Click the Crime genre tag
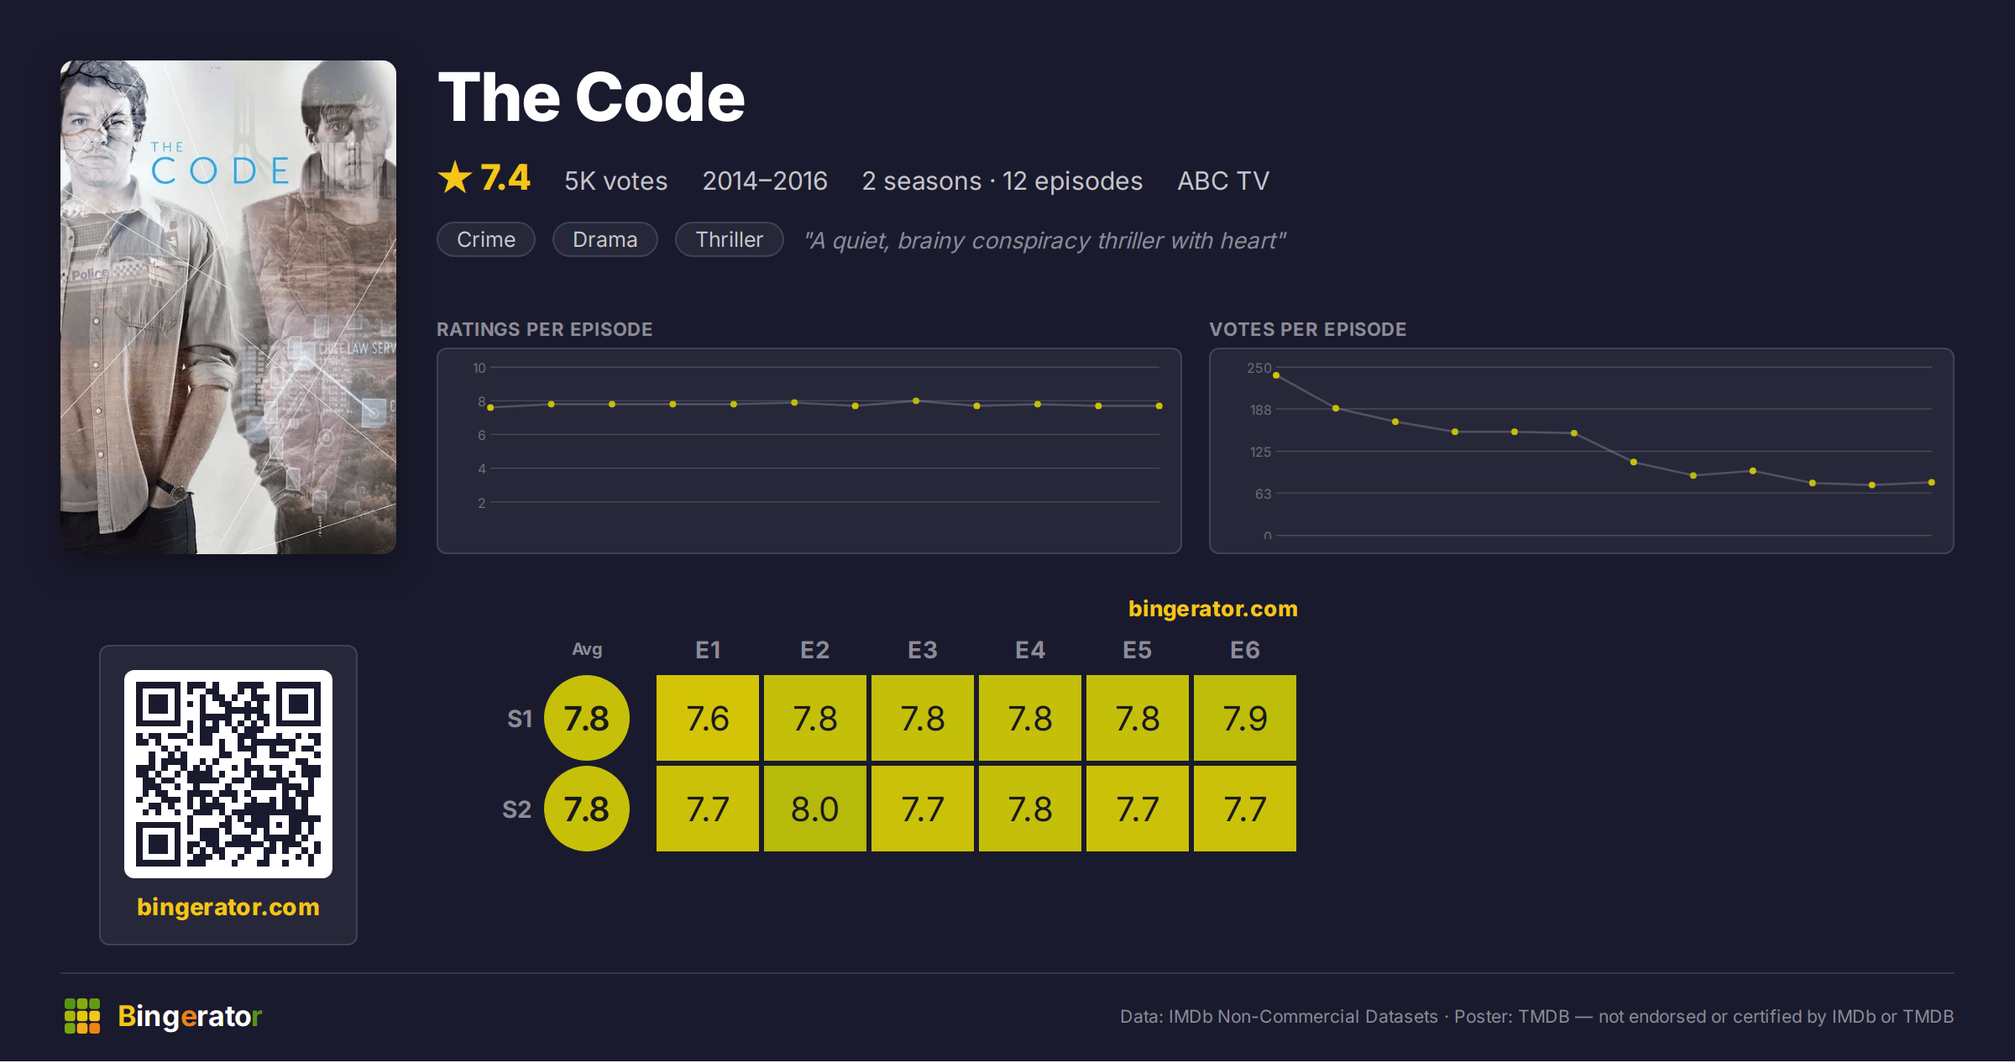click(486, 240)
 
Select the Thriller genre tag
click(729, 240)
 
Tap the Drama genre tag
click(604, 240)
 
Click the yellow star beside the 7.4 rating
click(455, 178)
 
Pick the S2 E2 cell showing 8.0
click(814, 809)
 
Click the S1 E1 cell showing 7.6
click(707, 718)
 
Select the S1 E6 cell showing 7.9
click(1244, 718)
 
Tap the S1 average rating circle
click(586, 718)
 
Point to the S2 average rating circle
click(586, 809)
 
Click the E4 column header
click(1029, 650)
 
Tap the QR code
click(228, 774)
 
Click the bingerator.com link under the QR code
click(228, 907)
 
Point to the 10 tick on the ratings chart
click(479, 368)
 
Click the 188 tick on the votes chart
click(1260, 410)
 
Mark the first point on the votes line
click(1276, 375)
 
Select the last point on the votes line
click(1932, 482)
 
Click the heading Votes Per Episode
click(1307, 329)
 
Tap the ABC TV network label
click(1222, 181)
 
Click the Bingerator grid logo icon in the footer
click(82, 1016)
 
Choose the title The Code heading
click(591, 97)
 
